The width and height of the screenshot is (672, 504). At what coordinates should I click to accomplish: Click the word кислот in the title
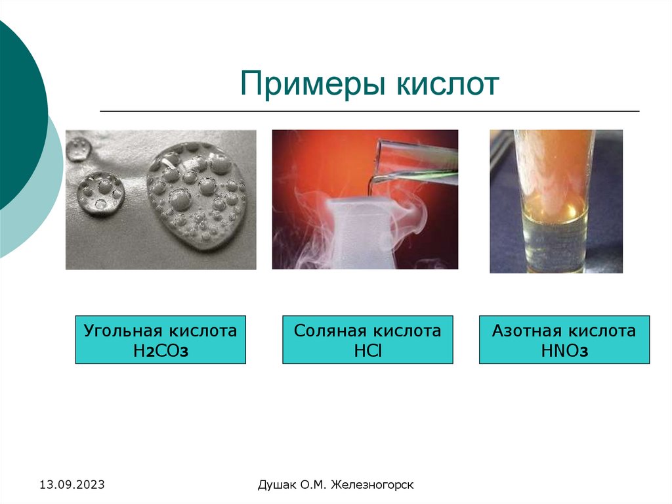coord(448,85)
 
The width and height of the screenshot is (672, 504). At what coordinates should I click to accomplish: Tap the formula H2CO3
coord(160,351)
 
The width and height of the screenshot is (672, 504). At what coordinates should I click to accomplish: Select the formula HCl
coord(367,351)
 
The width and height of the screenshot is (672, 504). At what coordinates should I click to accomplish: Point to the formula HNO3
coord(564,351)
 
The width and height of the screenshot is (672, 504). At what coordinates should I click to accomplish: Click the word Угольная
coord(121,331)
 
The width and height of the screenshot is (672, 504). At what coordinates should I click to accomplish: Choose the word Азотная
coord(527,331)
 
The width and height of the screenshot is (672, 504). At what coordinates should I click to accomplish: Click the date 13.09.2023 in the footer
coord(72,486)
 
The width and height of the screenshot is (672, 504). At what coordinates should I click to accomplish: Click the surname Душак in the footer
coord(276,486)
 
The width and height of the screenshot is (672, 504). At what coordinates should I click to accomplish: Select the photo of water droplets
coord(161,200)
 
